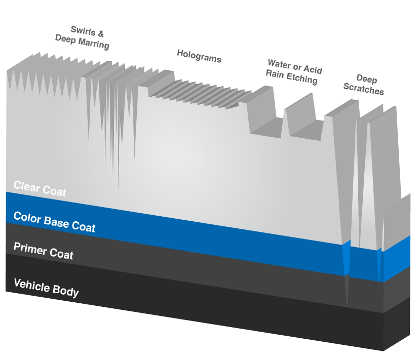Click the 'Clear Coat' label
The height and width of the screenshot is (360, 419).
[x=40, y=188]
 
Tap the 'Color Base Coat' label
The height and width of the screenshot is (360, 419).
[x=54, y=222]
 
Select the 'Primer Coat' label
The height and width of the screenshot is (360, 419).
[x=43, y=251]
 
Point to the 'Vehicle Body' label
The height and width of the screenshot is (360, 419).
[x=46, y=287]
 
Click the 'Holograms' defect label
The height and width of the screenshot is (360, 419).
[x=199, y=56]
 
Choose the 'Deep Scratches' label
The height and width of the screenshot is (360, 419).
[x=363, y=84]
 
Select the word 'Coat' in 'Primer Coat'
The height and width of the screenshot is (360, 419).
[x=61, y=254]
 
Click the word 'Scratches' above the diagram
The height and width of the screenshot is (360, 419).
[x=363, y=89]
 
